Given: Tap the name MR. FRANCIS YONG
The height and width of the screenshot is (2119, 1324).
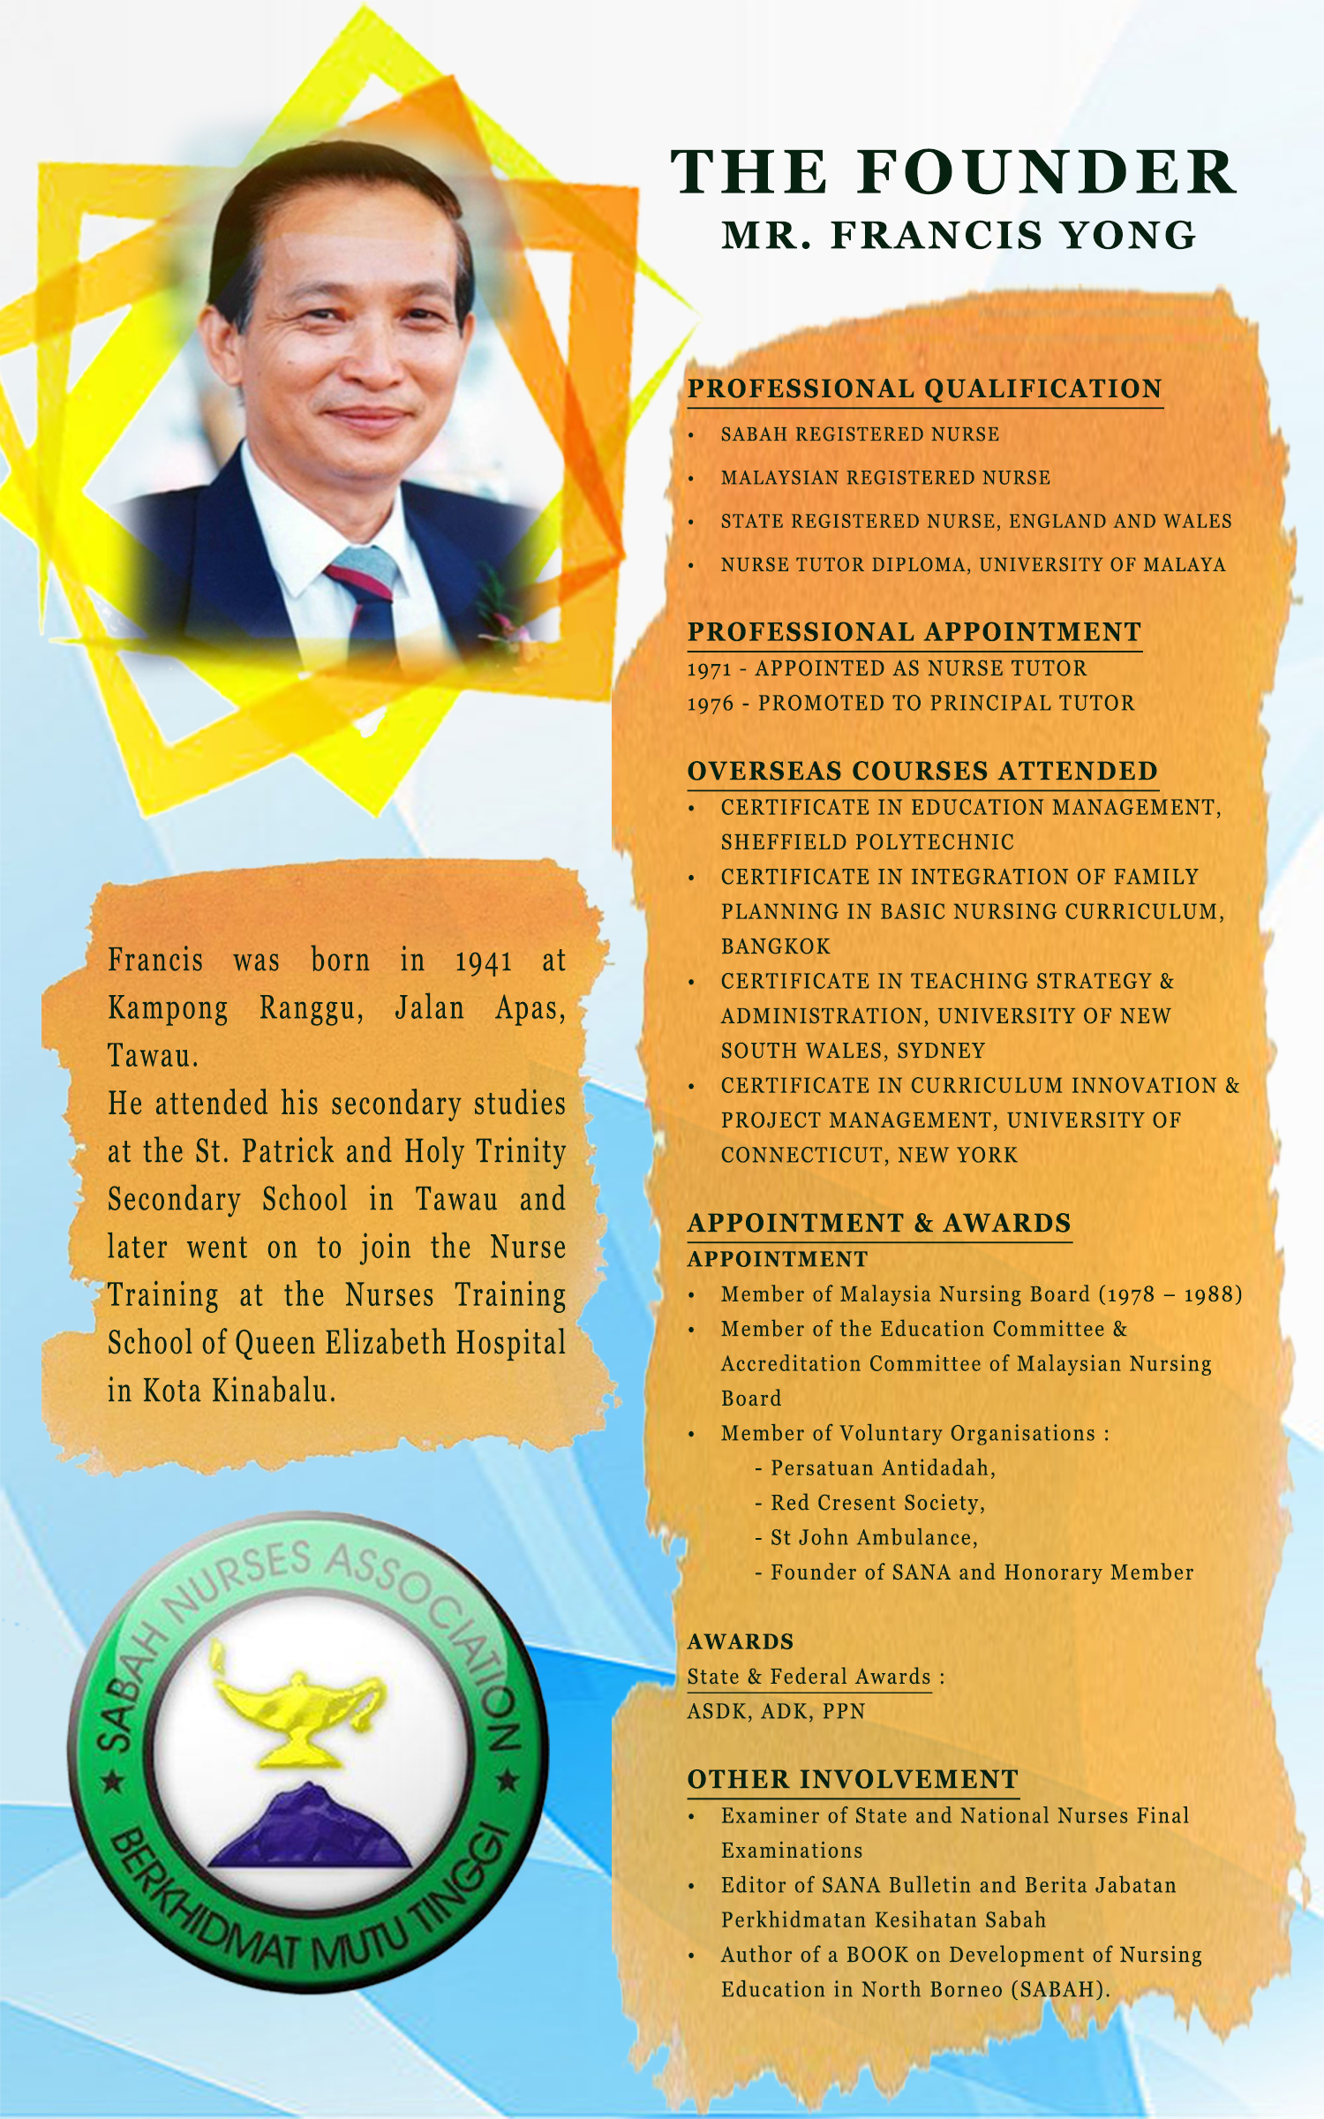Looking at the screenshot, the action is pyautogui.click(x=959, y=236).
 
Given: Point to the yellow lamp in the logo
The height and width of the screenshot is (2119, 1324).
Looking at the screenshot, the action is pyautogui.click(x=297, y=1713).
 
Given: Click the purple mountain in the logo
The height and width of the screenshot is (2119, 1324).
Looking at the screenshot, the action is pyautogui.click(x=309, y=1828).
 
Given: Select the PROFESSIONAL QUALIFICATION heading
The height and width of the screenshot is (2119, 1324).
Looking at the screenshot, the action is pyautogui.click(x=924, y=388).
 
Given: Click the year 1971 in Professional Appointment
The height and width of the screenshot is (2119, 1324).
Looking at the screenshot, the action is pyautogui.click(x=709, y=669).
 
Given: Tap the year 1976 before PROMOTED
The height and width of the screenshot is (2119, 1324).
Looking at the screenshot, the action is pyautogui.click(x=711, y=704).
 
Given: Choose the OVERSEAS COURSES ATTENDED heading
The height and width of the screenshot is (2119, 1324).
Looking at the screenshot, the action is pyautogui.click(x=922, y=771).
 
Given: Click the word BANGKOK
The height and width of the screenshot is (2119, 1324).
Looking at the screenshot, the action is pyautogui.click(x=775, y=946).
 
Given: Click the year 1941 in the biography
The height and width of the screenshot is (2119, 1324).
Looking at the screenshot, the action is pyautogui.click(x=483, y=961).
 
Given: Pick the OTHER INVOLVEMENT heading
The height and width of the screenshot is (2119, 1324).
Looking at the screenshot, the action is pyautogui.click(x=853, y=1779).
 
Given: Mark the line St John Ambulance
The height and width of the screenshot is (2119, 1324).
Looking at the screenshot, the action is pyautogui.click(x=873, y=1537).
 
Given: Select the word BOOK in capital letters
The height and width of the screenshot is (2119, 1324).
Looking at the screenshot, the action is pyautogui.click(x=877, y=1955).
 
